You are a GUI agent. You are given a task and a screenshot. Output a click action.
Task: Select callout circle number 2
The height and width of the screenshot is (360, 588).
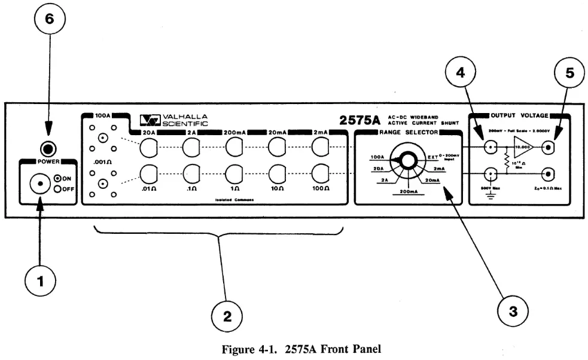227,316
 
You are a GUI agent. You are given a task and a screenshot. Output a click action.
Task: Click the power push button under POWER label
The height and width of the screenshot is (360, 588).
40,182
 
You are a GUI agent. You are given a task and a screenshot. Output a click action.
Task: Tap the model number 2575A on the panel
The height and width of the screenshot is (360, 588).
360,120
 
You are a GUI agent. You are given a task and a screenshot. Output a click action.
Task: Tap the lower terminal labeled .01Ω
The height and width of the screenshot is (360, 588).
148,173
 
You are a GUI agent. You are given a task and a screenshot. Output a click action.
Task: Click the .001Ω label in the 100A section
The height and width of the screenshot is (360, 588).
100,161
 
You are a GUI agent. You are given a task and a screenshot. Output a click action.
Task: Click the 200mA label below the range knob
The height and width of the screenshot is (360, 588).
409,192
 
